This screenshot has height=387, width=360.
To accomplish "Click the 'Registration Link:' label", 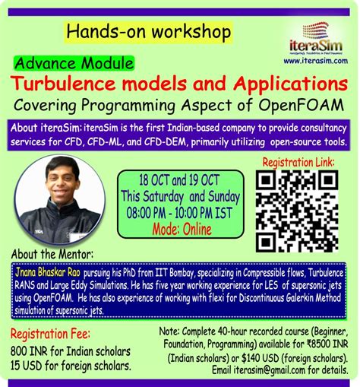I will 302,163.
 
